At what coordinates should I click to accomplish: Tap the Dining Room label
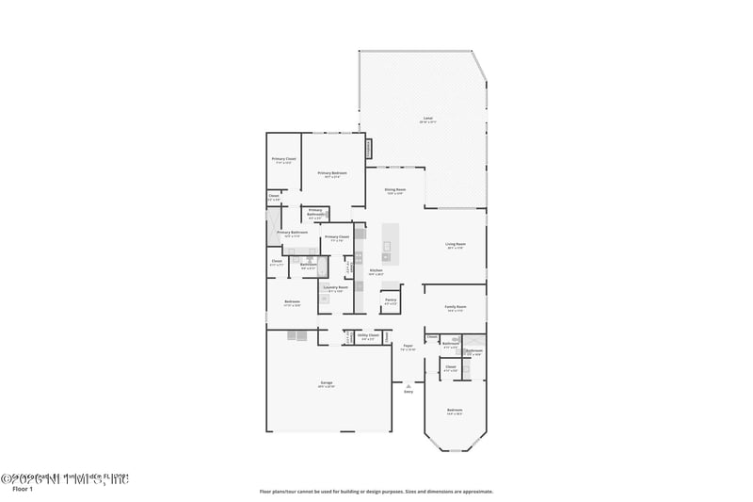(395, 190)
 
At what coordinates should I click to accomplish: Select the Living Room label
(456, 244)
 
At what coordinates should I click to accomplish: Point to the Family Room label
(457, 307)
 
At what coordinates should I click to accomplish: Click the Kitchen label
(376, 270)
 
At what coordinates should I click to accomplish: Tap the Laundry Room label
(337, 287)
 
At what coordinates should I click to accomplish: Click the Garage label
(327, 382)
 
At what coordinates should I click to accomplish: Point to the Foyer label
(409, 346)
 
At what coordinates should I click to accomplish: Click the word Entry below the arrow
(409, 392)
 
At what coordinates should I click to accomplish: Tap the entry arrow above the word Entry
(409, 384)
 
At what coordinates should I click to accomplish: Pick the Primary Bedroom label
(332, 173)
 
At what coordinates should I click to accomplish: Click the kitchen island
(386, 247)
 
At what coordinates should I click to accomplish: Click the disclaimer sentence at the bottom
(376, 491)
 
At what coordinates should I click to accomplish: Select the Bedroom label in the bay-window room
(455, 411)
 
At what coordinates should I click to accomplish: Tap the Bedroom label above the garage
(293, 302)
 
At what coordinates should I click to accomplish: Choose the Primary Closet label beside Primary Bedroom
(283, 159)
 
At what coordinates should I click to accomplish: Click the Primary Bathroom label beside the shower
(293, 233)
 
